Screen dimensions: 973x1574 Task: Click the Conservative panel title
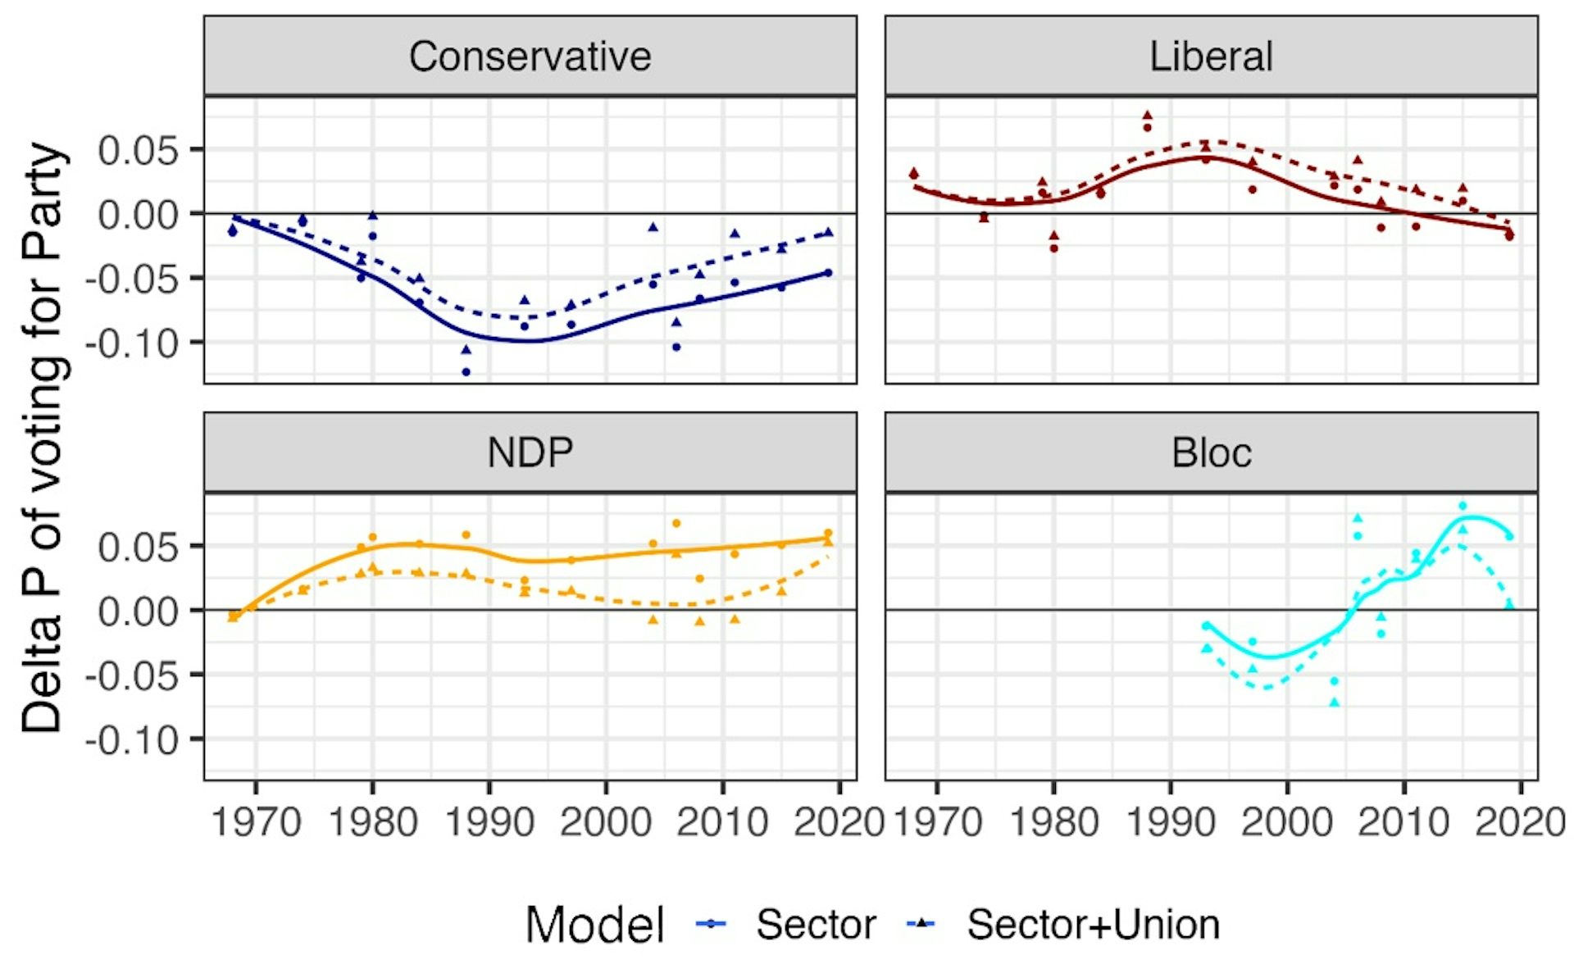tap(530, 57)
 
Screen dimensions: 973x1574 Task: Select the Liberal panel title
tap(1211, 57)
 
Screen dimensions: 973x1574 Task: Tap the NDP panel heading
tap(530, 452)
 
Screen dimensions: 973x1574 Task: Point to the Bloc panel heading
tap(1211, 452)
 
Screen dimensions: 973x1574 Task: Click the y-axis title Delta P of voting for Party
tap(43, 438)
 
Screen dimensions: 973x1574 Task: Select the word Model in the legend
tap(594, 925)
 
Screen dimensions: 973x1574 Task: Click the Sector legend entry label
tap(816, 925)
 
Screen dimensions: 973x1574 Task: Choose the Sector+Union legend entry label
tap(1093, 925)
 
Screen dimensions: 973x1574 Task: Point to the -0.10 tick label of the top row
tap(131, 343)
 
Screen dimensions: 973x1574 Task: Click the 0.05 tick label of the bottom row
tap(138, 547)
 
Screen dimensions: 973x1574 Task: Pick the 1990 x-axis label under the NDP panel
tap(489, 822)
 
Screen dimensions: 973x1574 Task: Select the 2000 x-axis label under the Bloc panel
tap(1286, 822)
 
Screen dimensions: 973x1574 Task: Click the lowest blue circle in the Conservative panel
tap(466, 372)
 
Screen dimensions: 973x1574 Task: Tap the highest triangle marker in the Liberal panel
tap(1147, 116)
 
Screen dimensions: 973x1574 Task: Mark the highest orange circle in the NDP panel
tap(676, 523)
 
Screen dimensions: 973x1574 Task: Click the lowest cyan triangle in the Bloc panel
tap(1335, 702)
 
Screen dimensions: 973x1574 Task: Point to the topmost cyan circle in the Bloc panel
tap(1463, 506)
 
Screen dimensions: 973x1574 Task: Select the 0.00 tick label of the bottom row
tap(138, 612)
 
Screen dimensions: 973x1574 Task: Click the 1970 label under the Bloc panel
tap(937, 822)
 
